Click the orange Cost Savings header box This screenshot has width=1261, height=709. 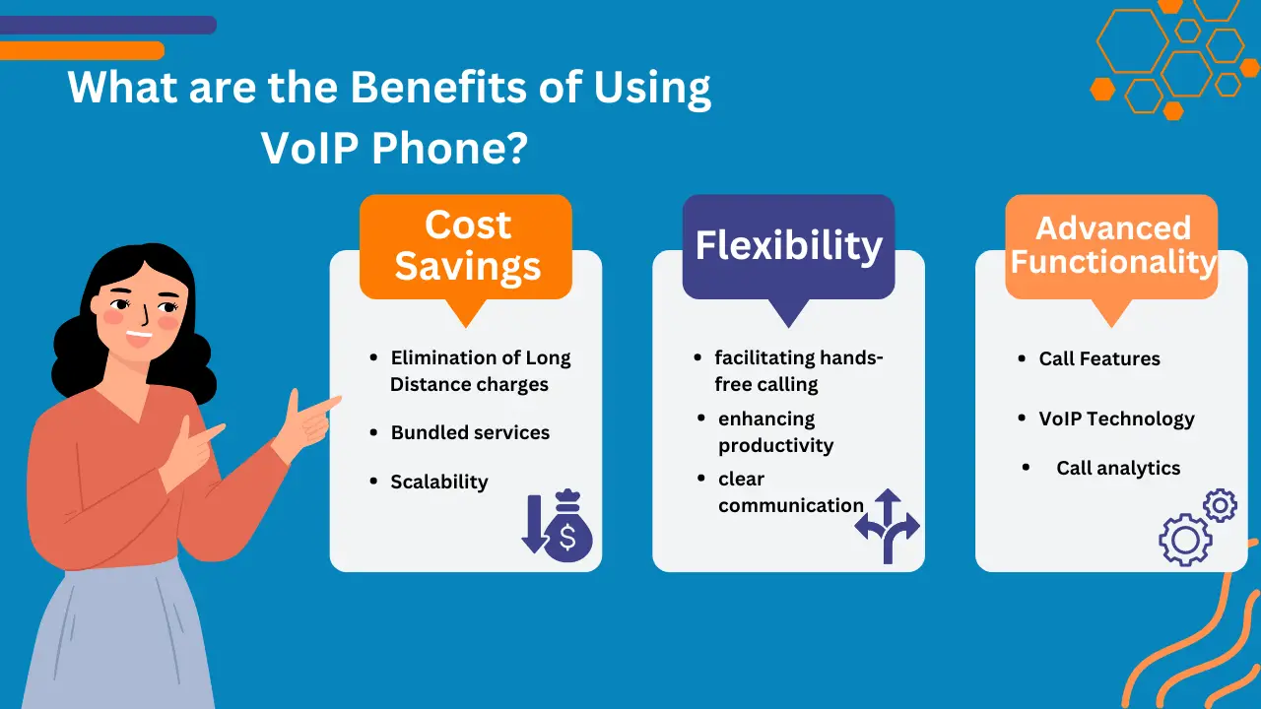[x=466, y=246]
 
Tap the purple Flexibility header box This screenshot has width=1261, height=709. [x=788, y=246]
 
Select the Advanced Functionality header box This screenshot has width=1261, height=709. [x=1111, y=246]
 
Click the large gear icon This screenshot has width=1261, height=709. [x=1184, y=540]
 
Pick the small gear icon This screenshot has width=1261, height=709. [x=1220, y=506]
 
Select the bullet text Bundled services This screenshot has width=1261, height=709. [x=470, y=432]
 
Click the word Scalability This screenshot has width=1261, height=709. [x=439, y=482]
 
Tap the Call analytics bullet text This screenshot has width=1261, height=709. [x=1118, y=468]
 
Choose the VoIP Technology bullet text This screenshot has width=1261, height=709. [x=1116, y=419]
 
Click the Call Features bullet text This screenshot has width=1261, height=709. [x=1099, y=358]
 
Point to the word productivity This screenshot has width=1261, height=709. [x=775, y=445]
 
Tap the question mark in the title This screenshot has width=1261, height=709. [x=516, y=149]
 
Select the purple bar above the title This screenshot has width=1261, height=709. [x=108, y=25]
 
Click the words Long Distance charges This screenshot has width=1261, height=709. [x=470, y=384]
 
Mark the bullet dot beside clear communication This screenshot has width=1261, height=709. [x=700, y=479]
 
